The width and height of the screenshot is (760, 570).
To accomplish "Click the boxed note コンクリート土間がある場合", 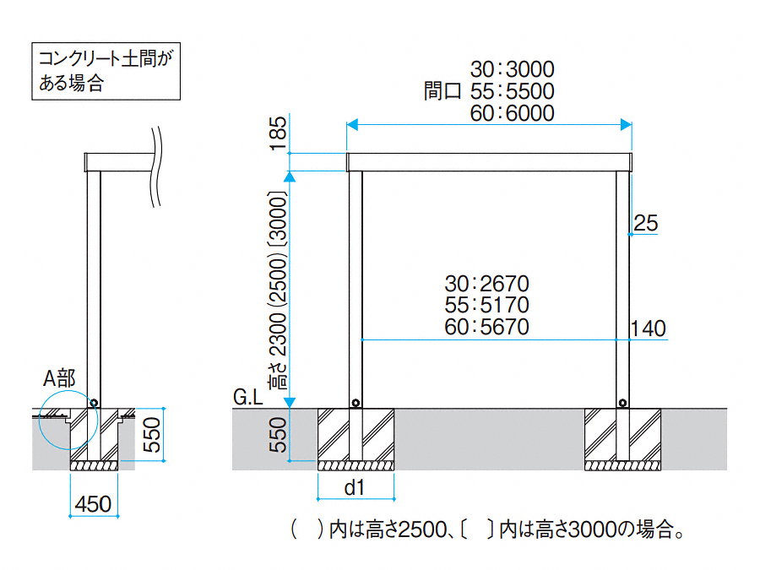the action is [106, 71].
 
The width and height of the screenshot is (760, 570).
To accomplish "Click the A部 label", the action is [59, 378].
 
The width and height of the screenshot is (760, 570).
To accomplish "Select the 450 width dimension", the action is [93, 504].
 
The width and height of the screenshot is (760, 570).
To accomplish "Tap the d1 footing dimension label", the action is [354, 487].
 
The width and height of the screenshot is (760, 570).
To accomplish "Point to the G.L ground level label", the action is [247, 398].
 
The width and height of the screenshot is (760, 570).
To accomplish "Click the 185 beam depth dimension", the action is [278, 133].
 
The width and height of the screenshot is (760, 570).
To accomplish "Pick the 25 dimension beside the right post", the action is [646, 223].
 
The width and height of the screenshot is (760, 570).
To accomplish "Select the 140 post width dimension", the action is [648, 328].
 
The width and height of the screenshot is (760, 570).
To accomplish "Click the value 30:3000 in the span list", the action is [513, 69].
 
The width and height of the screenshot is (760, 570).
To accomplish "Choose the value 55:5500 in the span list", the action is [513, 91].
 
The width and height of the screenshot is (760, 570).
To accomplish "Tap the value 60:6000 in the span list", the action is [513, 113].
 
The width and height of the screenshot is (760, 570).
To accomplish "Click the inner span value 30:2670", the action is [486, 284].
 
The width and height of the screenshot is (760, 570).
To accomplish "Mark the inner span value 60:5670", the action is [486, 327].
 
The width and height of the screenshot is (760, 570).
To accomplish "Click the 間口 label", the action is [442, 91].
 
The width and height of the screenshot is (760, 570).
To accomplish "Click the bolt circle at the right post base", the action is [623, 403].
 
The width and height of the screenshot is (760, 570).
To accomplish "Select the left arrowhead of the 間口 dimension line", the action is [352, 125].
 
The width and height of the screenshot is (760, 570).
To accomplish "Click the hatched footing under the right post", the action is [623, 439].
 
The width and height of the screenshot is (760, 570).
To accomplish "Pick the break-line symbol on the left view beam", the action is [156, 167].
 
